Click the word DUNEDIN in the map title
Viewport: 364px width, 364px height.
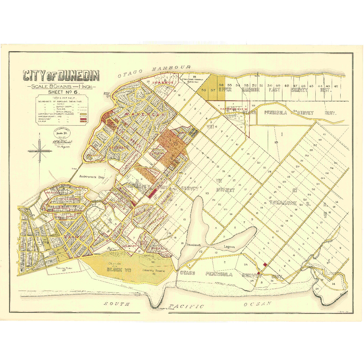(79, 76)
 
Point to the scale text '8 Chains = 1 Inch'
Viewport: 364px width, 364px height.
(61, 86)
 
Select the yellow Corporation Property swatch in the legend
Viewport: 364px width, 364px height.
(83, 114)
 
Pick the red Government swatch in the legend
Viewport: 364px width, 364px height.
(83, 119)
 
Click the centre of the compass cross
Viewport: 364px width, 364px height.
(40, 151)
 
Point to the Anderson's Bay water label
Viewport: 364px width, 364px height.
(92, 177)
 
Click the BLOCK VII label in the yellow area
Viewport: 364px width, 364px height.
(119, 270)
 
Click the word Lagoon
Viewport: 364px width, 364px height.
(229, 247)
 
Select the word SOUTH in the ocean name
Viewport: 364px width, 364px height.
(116, 304)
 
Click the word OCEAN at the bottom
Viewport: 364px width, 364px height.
(257, 304)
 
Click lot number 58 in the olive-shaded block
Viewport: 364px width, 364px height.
(204, 90)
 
